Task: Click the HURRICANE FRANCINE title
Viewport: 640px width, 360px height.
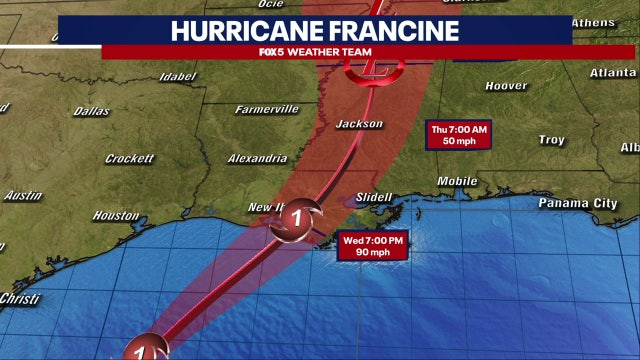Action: [x=315, y=29]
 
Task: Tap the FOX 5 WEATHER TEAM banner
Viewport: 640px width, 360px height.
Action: [x=315, y=52]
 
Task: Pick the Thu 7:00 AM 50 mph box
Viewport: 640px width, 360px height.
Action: [x=459, y=135]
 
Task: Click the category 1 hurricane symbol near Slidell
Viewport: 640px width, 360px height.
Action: [x=298, y=216]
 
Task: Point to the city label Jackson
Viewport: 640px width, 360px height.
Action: [x=359, y=124]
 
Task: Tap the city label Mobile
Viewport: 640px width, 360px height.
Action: [x=457, y=181]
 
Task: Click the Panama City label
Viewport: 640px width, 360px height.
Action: [x=578, y=203]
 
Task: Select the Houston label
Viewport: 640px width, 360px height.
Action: [x=115, y=215]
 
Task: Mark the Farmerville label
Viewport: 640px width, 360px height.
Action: [x=266, y=108]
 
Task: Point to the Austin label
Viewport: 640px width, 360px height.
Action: [x=22, y=196]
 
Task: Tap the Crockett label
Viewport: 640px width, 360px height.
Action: [x=130, y=158]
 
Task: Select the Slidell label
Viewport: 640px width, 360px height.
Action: [x=374, y=197]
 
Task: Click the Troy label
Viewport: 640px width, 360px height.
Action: [x=551, y=140]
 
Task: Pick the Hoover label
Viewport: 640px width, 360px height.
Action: [x=506, y=86]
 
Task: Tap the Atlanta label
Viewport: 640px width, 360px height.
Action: [x=612, y=72]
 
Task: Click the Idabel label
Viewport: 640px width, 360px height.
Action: [x=176, y=75]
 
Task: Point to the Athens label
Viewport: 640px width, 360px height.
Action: [x=594, y=22]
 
